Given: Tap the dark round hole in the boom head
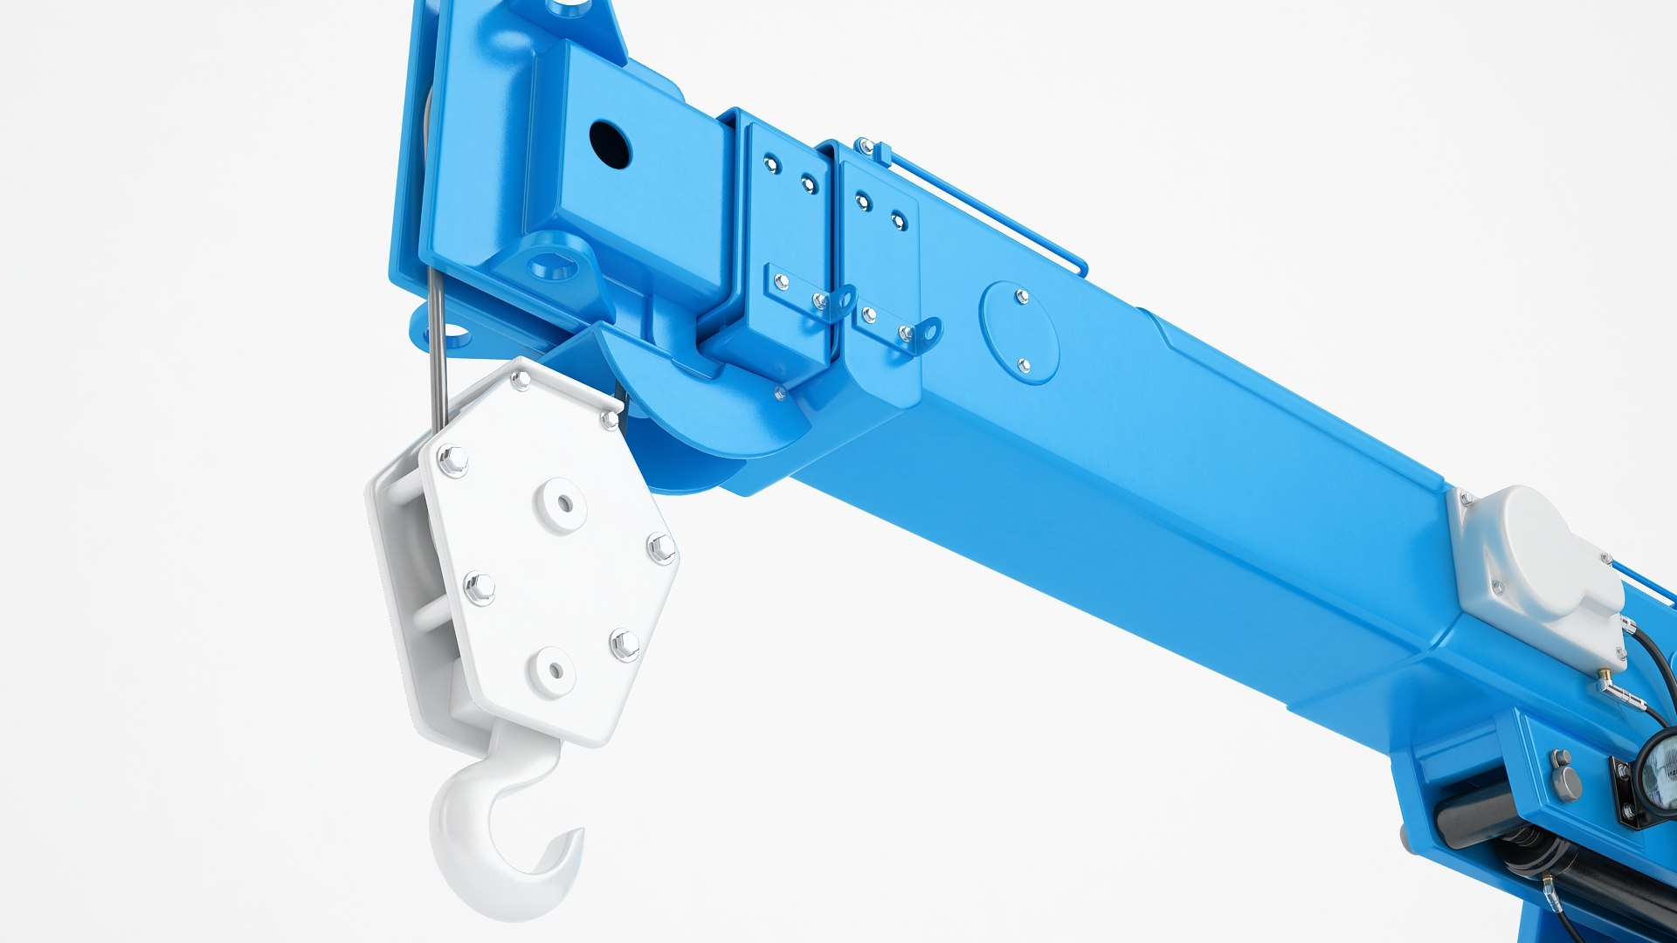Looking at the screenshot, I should tap(610, 144).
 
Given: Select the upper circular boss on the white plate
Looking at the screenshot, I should tap(561, 504).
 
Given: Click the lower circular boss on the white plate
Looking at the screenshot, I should tap(554, 671).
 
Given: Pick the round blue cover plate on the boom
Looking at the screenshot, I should tap(1019, 332).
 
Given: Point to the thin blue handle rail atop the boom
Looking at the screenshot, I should tap(978, 205).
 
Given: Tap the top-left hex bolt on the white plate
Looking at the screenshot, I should tap(452, 460).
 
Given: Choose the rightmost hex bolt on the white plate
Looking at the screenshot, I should tap(660, 548).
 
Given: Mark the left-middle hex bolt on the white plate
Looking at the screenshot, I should tap(479, 589).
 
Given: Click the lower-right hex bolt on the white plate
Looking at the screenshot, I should tap(625, 644).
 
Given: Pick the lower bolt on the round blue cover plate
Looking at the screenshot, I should tap(1024, 365).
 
